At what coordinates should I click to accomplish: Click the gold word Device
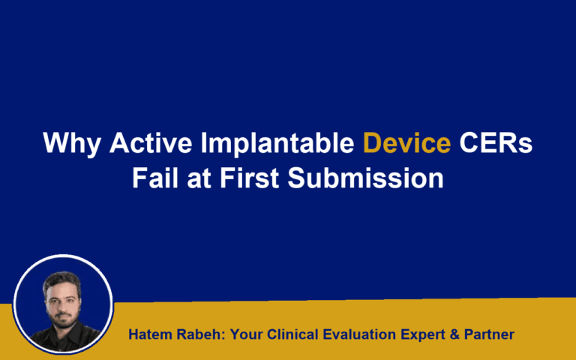[x=407, y=143]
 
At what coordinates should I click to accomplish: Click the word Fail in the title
[x=156, y=179]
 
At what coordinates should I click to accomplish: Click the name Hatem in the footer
[x=149, y=334]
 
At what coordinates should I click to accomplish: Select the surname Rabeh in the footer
[x=196, y=334]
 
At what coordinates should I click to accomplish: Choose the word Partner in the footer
[x=489, y=334]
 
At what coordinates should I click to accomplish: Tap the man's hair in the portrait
[x=61, y=278]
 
